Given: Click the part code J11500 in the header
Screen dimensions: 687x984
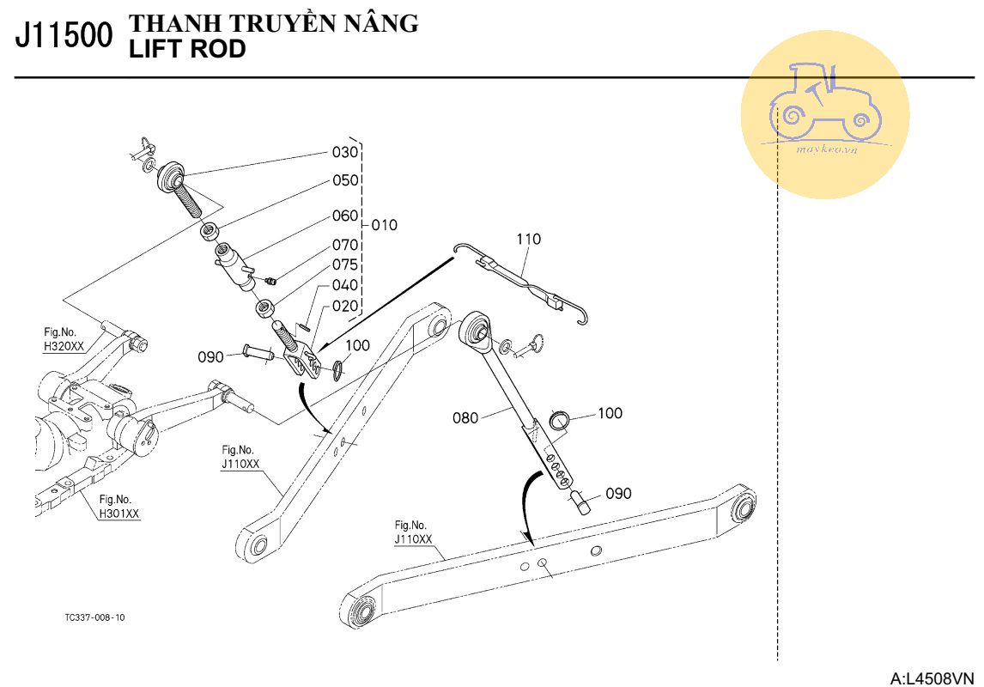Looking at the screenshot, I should (x=64, y=36).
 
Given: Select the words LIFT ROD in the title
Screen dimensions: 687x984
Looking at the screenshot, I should (x=186, y=50).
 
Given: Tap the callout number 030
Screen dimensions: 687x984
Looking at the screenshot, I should (x=345, y=153).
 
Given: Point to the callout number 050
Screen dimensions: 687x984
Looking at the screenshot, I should (x=345, y=181).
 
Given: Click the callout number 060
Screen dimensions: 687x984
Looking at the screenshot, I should (x=345, y=216).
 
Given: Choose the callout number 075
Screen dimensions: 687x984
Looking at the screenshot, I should (x=345, y=264).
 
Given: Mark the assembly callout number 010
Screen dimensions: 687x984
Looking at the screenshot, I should (x=384, y=225).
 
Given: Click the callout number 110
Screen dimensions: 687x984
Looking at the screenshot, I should (x=529, y=240).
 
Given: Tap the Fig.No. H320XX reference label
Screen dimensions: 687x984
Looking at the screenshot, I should (x=64, y=340).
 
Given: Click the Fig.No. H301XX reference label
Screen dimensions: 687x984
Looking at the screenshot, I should (x=118, y=507).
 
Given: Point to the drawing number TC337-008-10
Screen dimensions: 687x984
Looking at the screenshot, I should (x=94, y=617).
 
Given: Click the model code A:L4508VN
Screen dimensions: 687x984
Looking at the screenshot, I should (x=933, y=678).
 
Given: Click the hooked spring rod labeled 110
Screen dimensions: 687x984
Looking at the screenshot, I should (x=525, y=279).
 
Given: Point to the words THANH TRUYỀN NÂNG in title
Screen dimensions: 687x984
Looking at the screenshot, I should (x=274, y=24).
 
